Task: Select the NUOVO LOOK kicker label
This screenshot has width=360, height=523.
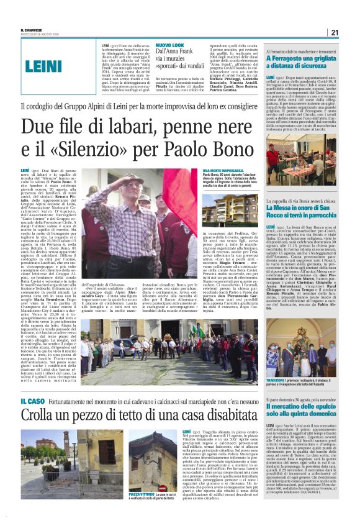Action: (169, 45)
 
